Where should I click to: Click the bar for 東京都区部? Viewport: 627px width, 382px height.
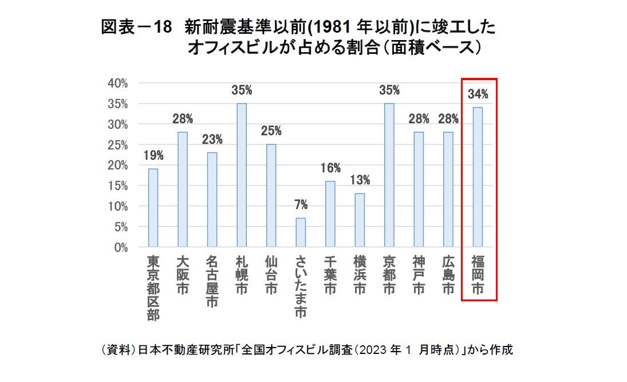pyautogui.click(x=153, y=208)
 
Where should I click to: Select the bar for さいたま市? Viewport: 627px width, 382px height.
pyautogui.click(x=301, y=233)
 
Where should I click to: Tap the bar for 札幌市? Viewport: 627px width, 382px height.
pyautogui.click(x=242, y=175)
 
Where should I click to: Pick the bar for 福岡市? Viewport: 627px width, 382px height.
pyautogui.click(x=478, y=178)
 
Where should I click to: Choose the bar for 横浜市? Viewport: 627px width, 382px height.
pyautogui.click(x=360, y=220)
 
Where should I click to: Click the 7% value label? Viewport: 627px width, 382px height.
pyautogui.click(x=301, y=205)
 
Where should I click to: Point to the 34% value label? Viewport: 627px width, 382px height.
pyautogui.click(x=478, y=94)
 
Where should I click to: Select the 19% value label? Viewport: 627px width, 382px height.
pyautogui.click(x=153, y=156)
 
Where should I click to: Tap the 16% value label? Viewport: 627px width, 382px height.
pyautogui.click(x=330, y=168)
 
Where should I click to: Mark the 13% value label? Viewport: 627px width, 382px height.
pyautogui.click(x=360, y=180)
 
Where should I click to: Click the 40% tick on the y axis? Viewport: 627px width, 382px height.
pyautogui.click(x=117, y=83)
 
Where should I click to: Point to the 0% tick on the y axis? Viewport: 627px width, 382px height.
pyautogui.click(x=120, y=247)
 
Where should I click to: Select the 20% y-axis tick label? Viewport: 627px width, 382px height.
pyautogui.click(x=117, y=166)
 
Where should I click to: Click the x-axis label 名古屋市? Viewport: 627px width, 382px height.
pyautogui.click(x=212, y=281)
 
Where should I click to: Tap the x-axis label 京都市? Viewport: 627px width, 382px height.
pyautogui.click(x=389, y=274)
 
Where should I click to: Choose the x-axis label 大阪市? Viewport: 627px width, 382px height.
pyautogui.click(x=183, y=274)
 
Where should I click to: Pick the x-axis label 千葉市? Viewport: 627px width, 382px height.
pyautogui.click(x=330, y=274)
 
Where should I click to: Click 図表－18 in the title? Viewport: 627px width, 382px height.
pyautogui.click(x=136, y=27)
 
